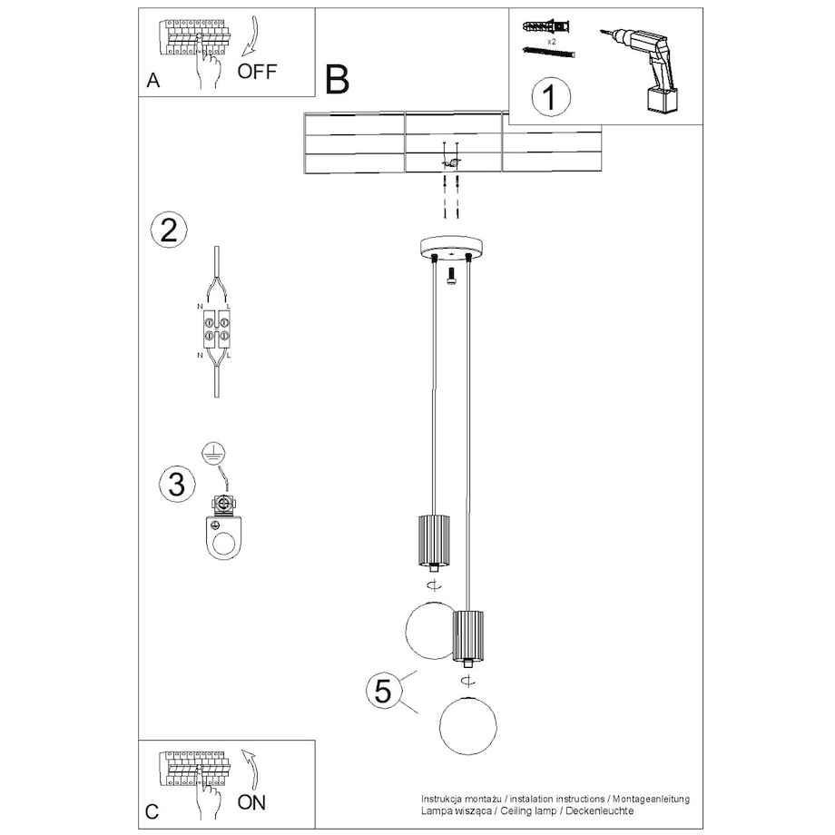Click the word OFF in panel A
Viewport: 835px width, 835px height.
click(257, 72)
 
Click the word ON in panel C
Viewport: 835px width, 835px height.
click(252, 802)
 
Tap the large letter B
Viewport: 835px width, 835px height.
click(337, 80)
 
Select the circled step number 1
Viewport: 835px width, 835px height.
click(551, 97)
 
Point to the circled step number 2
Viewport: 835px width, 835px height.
click(169, 230)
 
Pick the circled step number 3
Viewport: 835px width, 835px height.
click(177, 484)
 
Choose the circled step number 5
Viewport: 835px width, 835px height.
click(383, 691)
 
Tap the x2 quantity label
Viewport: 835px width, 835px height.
click(551, 41)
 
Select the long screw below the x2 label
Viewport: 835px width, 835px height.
click(549, 53)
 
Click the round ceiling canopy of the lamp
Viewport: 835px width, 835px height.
click(451, 247)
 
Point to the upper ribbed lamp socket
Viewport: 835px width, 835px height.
click(434, 541)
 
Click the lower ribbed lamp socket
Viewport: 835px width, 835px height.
click(468, 636)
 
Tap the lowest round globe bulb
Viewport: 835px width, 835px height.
click(468, 725)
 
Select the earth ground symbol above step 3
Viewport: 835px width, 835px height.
click(213, 453)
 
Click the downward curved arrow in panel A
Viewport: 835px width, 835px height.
click(250, 35)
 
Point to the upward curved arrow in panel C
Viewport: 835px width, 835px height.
click(250, 768)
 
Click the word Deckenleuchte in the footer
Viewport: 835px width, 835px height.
click(600, 811)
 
